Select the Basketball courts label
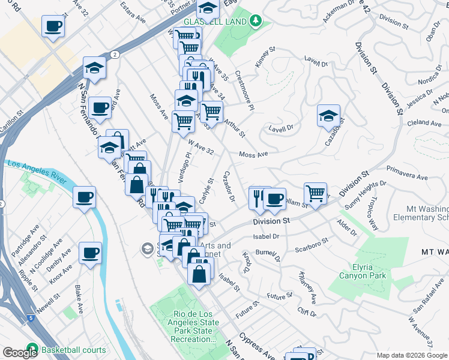click(73, 350)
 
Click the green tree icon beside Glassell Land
click(256, 21)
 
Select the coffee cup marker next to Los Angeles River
click(84, 197)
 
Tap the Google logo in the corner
click(20, 352)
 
